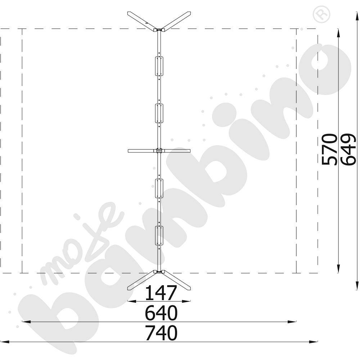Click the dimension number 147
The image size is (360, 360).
pyautogui.click(x=161, y=293)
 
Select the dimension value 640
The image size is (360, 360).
pyautogui.click(x=161, y=313)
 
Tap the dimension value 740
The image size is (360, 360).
pyautogui.click(x=161, y=333)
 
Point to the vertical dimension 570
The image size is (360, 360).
pyautogui.click(x=329, y=149)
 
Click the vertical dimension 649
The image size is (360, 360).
pyautogui.click(x=348, y=149)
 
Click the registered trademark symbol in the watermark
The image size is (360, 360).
pyautogui.click(x=321, y=14)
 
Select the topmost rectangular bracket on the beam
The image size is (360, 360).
pyautogui.click(x=159, y=66)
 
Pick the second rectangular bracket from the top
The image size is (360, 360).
pyautogui.click(x=159, y=113)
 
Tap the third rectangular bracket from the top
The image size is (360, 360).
pyautogui.click(x=159, y=188)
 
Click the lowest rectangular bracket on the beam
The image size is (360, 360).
pyautogui.click(x=159, y=235)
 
